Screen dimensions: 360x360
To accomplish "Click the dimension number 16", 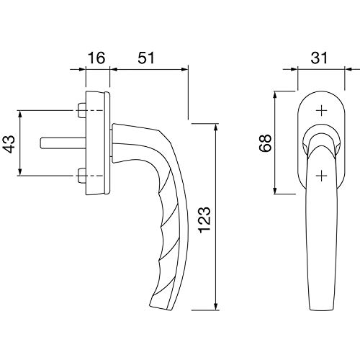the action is click(x=96, y=58).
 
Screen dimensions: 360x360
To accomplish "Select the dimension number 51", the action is click(x=146, y=58).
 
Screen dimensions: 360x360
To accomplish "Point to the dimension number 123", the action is click(x=204, y=219).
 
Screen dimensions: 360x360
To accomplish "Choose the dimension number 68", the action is click(x=265, y=143).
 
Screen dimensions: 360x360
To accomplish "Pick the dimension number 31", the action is click(x=319, y=58).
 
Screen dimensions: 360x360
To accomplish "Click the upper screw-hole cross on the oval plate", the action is click(x=321, y=111).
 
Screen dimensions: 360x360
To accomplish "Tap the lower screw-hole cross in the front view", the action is click(x=321, y=176).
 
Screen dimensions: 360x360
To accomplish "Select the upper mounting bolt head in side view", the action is click(x=82, y=110).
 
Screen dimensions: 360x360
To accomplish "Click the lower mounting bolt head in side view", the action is click(x=82, y=176).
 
